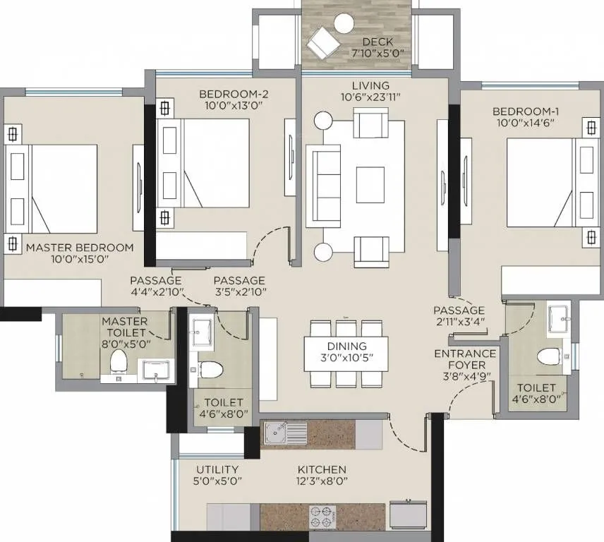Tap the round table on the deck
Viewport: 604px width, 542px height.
coord(344,24)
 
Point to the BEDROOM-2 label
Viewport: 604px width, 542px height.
coord(233,93)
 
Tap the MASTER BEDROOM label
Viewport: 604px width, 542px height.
coord(79,248)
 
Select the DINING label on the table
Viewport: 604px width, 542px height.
coord(346,346)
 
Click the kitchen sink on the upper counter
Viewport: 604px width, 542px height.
coord(285,433)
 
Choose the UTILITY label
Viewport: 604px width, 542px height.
coord(217,469)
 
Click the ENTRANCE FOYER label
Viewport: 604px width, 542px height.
coord(464,359)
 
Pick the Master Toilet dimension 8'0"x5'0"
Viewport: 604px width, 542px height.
coord(124,344)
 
